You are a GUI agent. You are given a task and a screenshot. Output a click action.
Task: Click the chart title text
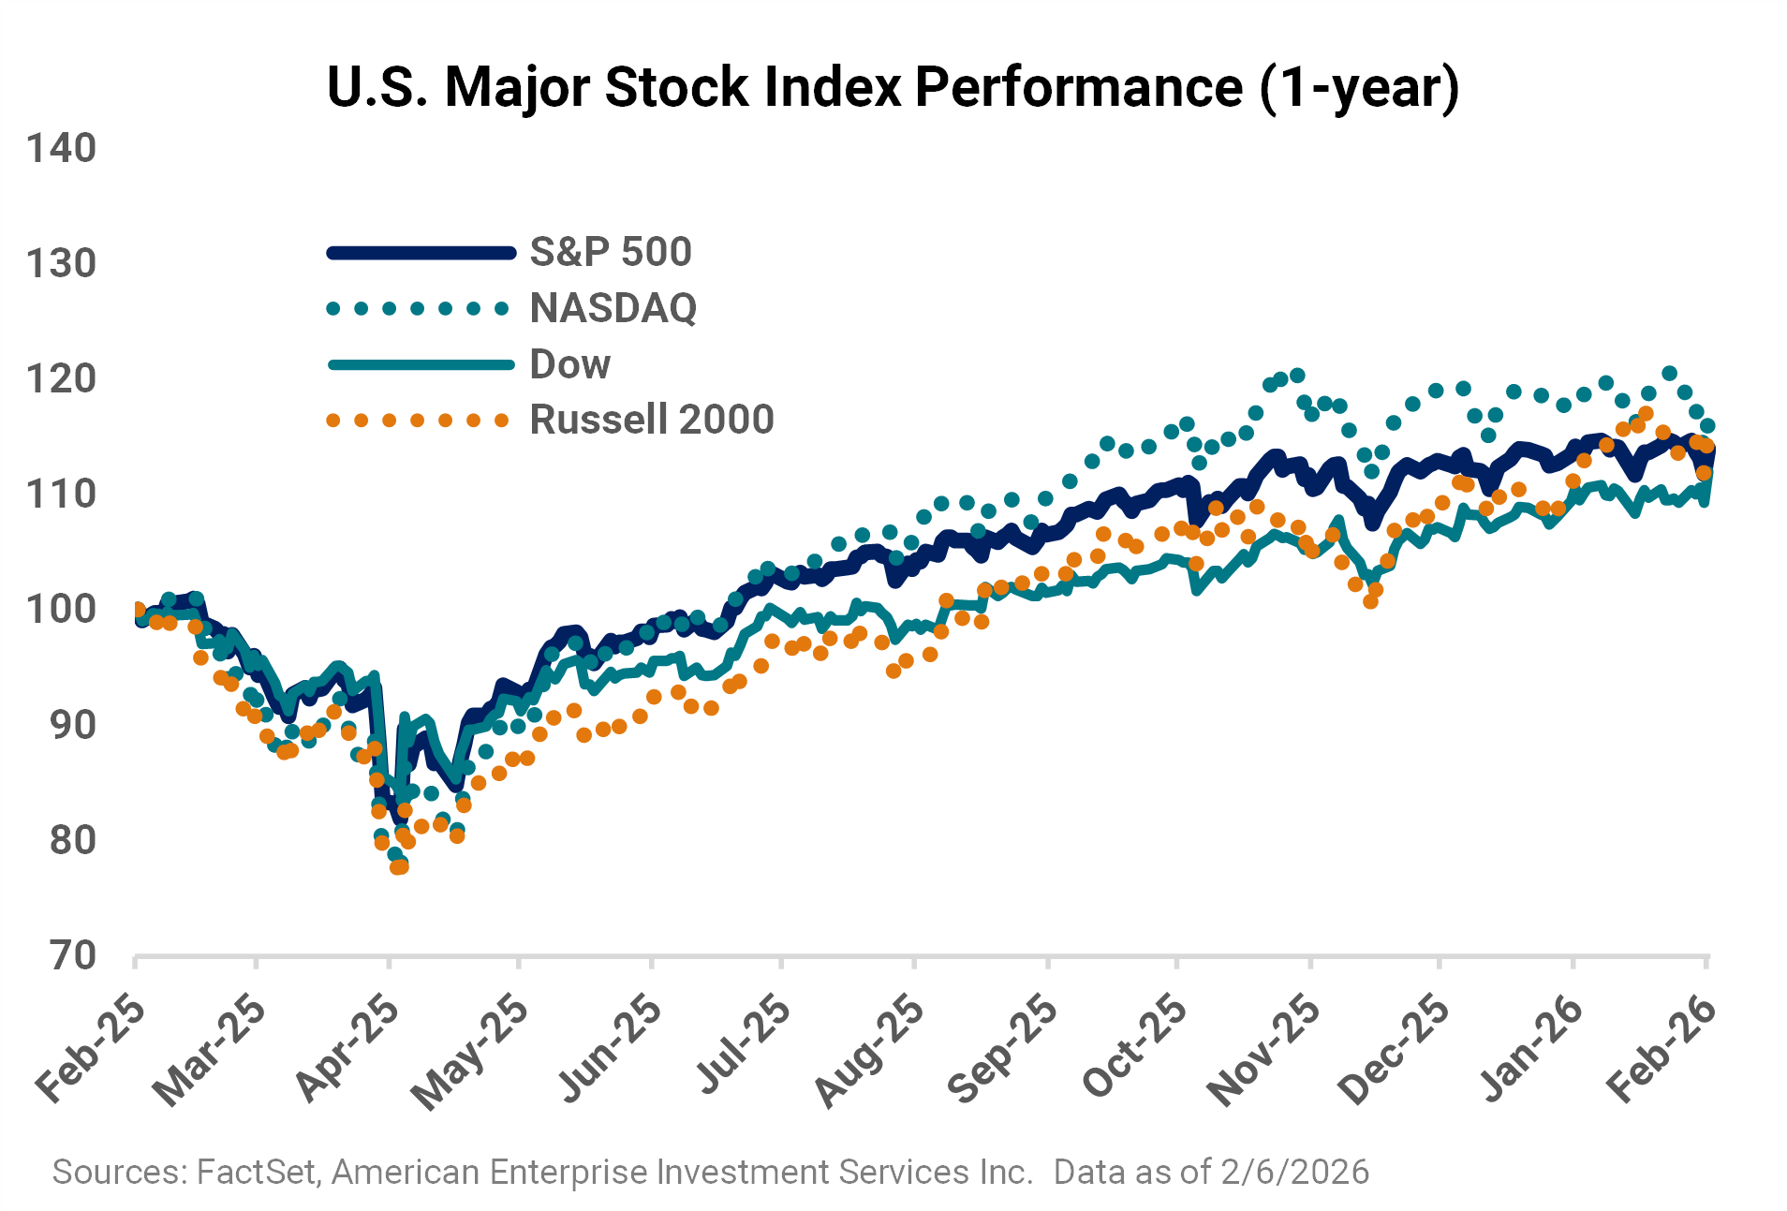(893, 87)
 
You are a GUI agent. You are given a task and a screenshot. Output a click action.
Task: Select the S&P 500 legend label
(611, 252)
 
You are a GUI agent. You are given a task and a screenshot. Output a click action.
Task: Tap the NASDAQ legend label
(613, 308)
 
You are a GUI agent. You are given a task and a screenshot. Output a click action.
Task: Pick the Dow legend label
(569, 364)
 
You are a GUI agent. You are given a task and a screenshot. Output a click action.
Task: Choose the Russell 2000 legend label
(652, 420)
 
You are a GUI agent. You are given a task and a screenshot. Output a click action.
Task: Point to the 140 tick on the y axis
(61, 148)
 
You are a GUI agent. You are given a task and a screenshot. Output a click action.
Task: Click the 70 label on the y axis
(73, 955)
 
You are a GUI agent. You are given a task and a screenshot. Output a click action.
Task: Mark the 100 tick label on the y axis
(61, 610)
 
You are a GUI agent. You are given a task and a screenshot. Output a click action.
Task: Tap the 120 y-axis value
(61, 379)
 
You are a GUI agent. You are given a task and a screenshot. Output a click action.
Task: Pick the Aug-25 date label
(869, 1053)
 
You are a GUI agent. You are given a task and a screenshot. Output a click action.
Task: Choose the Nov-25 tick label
(1263, 1053)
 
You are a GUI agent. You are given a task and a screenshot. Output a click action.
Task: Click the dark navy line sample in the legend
(421, 252)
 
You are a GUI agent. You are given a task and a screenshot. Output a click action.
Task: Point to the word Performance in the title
(1078, 87)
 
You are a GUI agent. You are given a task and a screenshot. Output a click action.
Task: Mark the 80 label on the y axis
(73, 840)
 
